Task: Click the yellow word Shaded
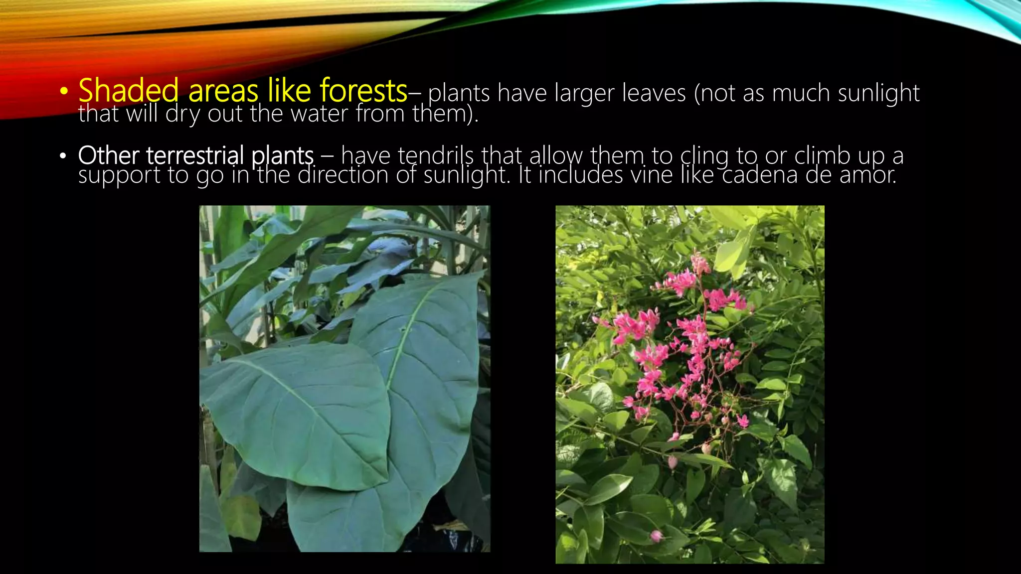[128, 91]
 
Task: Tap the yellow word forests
[363, 91]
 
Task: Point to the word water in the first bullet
[319, 114]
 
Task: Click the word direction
[342, 175]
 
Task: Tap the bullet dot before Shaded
[63, 92]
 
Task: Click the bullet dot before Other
[63, 156]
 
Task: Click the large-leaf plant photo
[344, 379]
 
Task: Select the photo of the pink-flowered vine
[689, 384]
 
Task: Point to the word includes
[581, 175]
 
